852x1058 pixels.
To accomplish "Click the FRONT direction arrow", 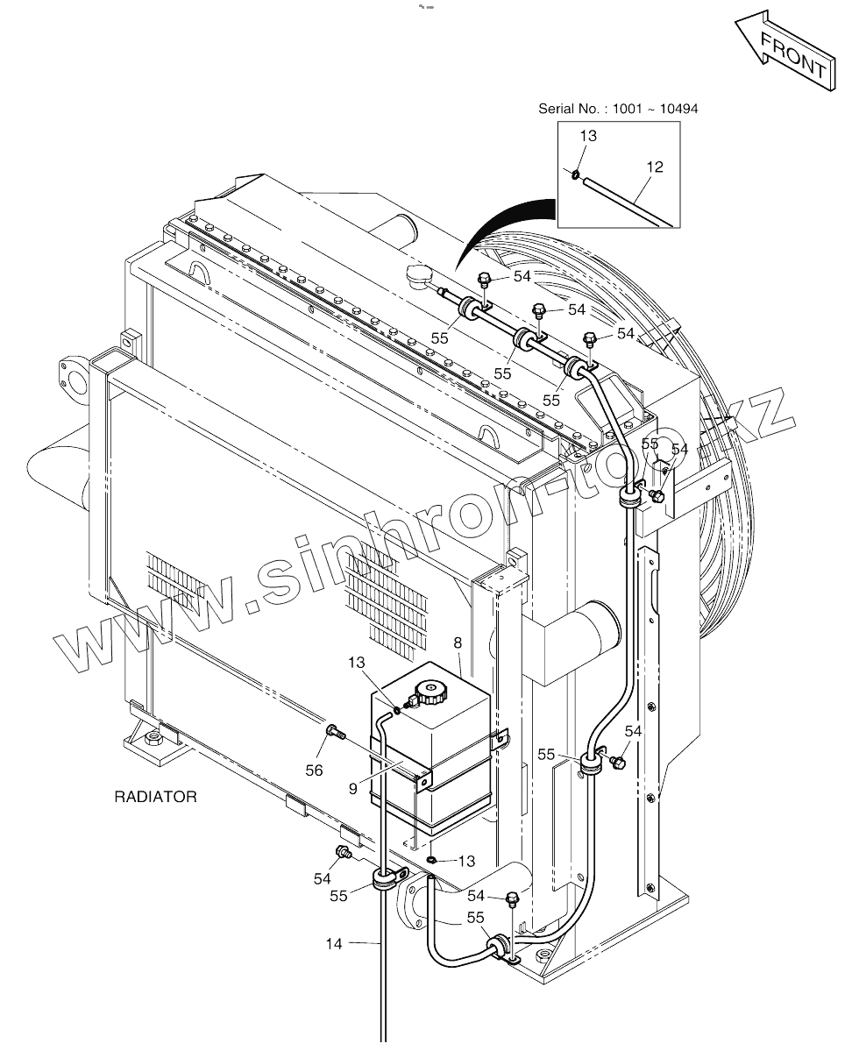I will [784, 51].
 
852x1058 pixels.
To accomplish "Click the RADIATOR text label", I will [155, 797].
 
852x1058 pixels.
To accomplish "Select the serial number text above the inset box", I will [618, 109].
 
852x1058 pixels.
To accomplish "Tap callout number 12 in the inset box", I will [654, 167].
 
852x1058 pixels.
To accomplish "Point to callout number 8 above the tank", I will [458, 643].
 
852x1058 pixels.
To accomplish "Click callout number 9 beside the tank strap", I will [351, 788].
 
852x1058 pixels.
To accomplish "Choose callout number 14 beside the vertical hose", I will [333, 943].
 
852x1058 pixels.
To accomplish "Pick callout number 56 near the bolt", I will [314, 770].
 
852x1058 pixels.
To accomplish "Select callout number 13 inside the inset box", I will [588, 136].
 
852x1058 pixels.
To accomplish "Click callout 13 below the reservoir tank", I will [466, 861].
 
